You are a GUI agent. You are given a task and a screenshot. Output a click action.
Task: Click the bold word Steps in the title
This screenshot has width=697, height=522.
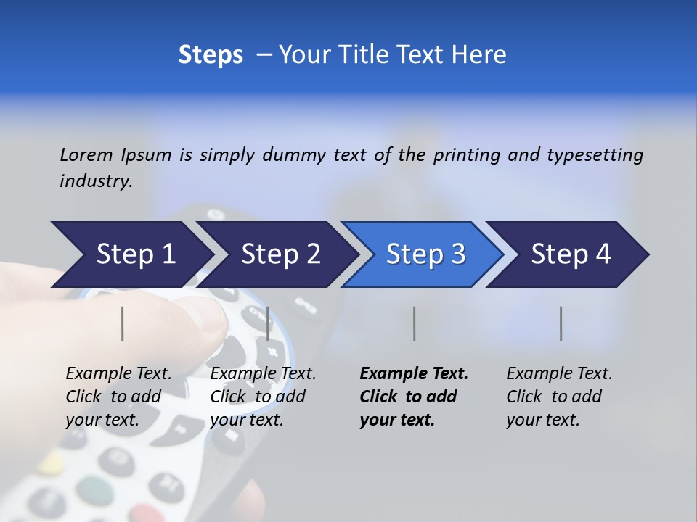pyautogui.click(x=211, y=55)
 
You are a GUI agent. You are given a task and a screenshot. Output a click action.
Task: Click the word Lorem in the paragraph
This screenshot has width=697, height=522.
pyautogui.click(x=86, y=154)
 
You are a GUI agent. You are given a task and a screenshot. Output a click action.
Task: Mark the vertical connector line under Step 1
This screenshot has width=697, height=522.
pyautogui.click(x=123, y=323)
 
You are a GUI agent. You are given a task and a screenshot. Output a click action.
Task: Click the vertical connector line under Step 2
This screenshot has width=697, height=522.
pyautogui.click(x=268, y=323)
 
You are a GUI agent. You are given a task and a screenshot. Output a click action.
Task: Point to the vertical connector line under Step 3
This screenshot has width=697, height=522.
pyautogui.click(x=414, y=323)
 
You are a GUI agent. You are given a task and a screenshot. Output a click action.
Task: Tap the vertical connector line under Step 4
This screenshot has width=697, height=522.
pyautogui.click(x=561, y=323)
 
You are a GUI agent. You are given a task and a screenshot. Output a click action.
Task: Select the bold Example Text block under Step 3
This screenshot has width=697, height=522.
pyautogui.click(x=414, y=397)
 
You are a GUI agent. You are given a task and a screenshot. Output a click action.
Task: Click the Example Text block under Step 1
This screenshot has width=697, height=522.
pyautogui.click(x=118, y=397)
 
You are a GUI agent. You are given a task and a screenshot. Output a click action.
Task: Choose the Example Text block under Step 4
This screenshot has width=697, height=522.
pyautogui.click(x=559, y=397)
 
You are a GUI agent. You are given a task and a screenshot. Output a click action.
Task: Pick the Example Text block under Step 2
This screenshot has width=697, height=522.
pyautogui.click(x=263, y=397)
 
